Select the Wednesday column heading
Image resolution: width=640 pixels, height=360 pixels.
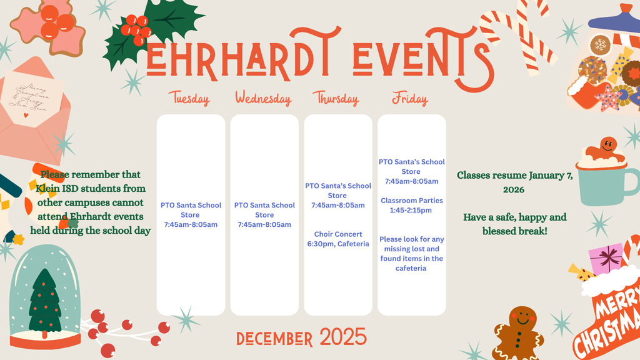263,99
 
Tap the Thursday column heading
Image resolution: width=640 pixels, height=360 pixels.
336,99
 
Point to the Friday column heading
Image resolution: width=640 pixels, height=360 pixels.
410,99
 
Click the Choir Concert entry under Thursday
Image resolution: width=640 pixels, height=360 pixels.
338,239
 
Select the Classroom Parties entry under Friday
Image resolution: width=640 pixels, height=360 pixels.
411,206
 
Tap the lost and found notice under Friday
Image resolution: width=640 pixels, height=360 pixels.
411,254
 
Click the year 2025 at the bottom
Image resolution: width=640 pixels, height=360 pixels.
343,337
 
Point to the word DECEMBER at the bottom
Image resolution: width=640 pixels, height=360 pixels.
274,339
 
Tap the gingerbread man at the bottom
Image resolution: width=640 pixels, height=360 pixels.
519,330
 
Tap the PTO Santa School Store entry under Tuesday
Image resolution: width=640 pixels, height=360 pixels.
191,214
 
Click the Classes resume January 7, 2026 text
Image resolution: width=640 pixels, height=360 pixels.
515,182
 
